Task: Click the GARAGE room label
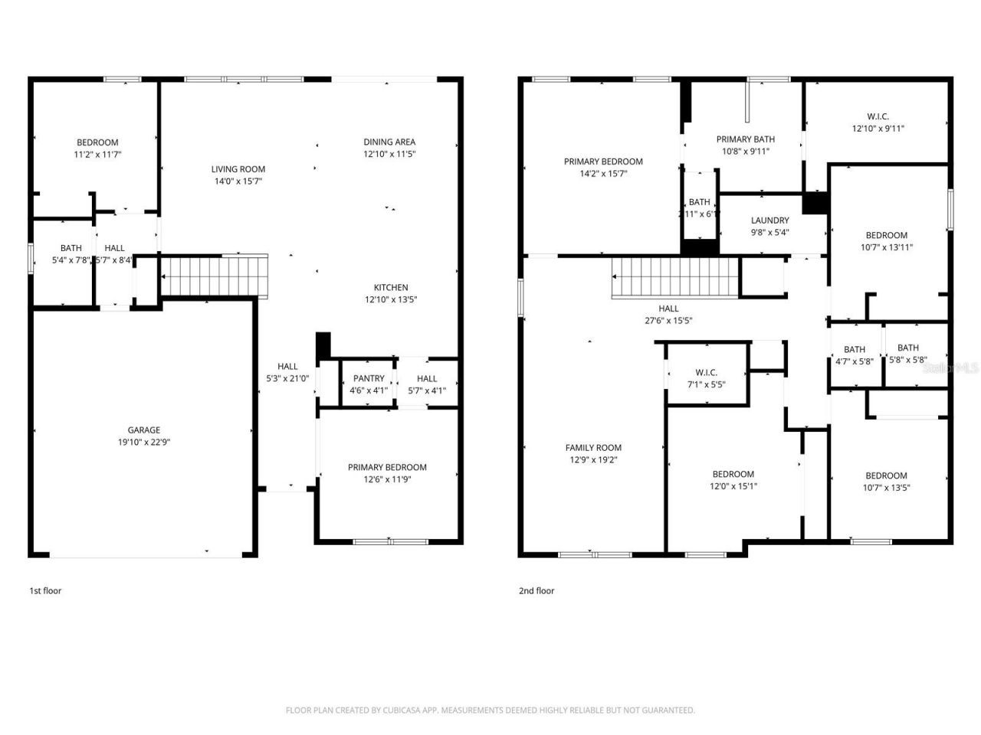[143, 430]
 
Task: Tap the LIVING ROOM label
[238, 169]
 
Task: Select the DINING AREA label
[389, 142]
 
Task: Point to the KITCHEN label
[391, 288]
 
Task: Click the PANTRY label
[369, 379]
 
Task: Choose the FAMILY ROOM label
[593, 448]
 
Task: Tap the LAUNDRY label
[769, 220]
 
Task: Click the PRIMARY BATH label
[745, 139]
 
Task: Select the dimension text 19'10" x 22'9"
[143, 443]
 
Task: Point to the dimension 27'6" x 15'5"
[668, 322]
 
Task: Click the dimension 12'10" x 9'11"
[878, 129]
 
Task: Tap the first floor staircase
[215, 276]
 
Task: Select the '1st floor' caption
[45, 591]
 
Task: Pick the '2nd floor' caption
[536, 591]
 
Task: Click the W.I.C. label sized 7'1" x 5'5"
[706, 373]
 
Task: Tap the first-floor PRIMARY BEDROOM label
[387, 468]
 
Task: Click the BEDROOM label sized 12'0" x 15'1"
[733, 474]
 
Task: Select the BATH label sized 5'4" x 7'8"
[71, 248]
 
